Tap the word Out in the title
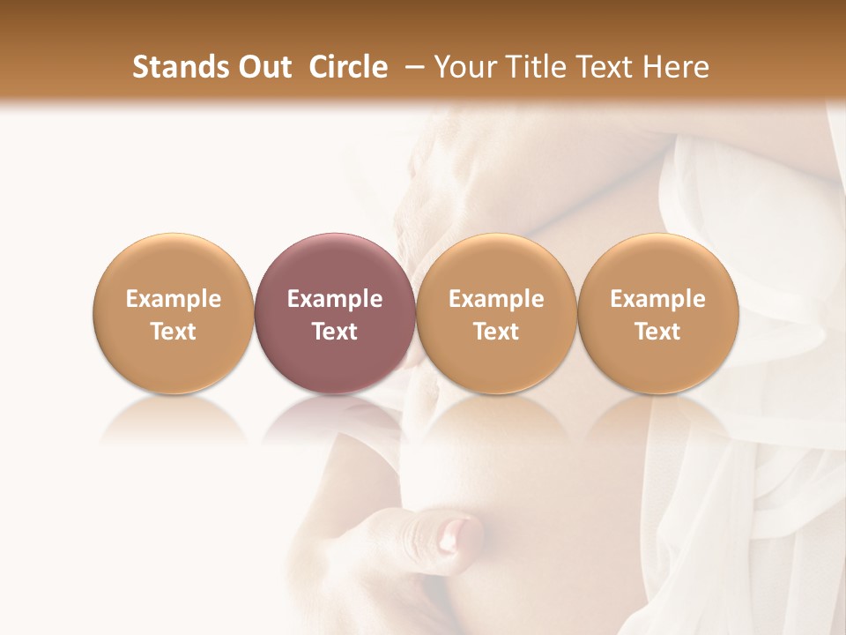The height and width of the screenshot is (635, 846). pyautogui.click(x=263, y=68)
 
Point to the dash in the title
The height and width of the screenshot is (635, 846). pyautogui.click(x=411, y=68)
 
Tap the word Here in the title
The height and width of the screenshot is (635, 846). pyautogui.click(x=678, y=68)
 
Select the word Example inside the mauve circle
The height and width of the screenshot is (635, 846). pyautogui.click(x=335, y=299)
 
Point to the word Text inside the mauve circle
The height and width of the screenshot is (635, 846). pyautogui.click(x=335, y=332)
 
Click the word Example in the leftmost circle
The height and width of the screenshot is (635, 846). pyautogui.click(x=174, y=299)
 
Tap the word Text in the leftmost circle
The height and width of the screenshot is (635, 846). pyautogui.click(x=174, y=332)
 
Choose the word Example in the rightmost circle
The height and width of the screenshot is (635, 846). pyautogui.click(x=657, y=299)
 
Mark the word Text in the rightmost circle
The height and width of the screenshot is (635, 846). pyautogui.click(x=657, y=332)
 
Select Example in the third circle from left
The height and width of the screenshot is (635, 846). pyautogui.click(x=496, y=299)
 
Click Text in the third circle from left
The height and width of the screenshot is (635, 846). pyautogui.click(x=496, y=332)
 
